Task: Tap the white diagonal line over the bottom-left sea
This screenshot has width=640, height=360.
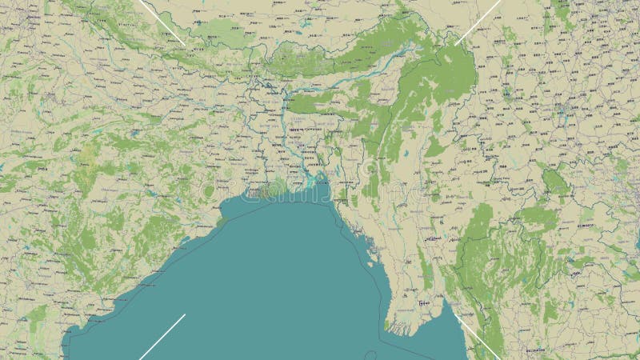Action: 162,336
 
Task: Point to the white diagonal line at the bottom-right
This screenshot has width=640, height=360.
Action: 478,335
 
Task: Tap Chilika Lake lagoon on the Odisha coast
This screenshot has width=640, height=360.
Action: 186,238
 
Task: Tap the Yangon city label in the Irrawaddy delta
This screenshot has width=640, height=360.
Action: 426,305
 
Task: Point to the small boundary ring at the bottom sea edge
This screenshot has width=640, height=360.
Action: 370,355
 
